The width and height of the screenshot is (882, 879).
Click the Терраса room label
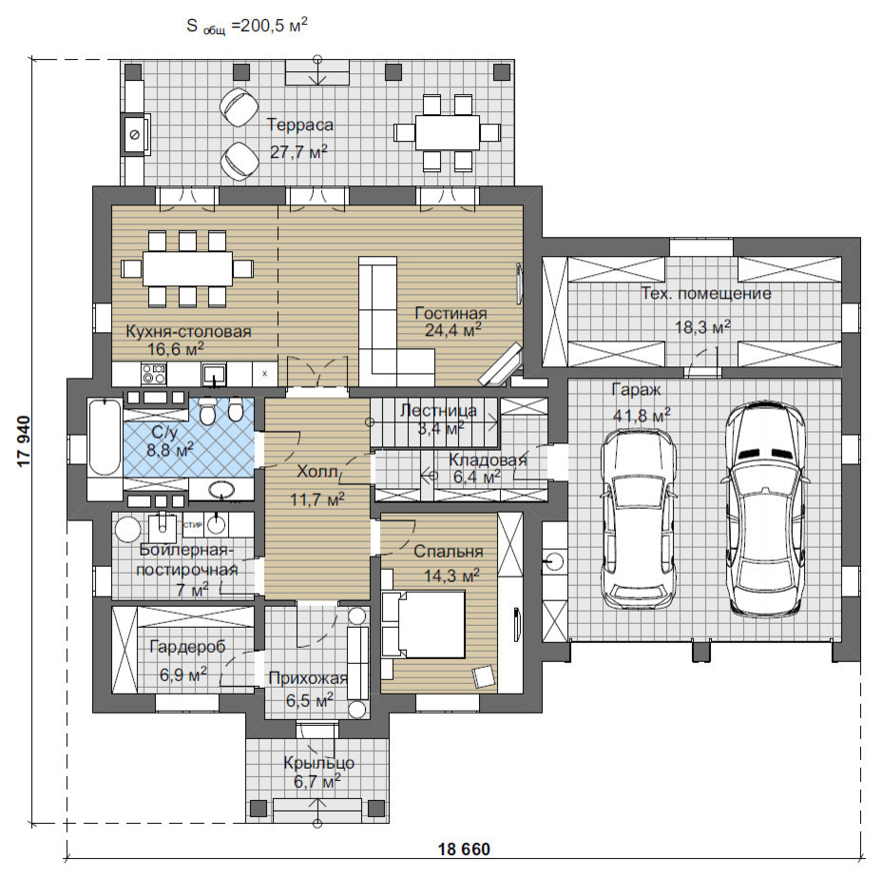point(299,125)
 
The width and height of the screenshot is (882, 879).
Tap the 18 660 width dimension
point(464,849)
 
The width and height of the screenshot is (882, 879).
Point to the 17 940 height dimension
point(24,441)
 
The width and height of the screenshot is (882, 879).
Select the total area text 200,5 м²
point(274,26)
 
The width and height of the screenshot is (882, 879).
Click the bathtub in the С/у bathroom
point(105,437)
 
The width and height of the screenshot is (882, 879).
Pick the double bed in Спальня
point(424,623)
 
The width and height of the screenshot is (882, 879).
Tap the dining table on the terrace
point(448,132)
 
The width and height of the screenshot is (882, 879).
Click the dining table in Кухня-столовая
point(187,268)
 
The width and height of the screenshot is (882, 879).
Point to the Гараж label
point(636,390)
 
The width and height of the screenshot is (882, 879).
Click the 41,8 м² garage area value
point(642,416)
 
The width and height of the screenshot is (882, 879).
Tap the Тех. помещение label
point(706,293)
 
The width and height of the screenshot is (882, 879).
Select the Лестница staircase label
point(438,411)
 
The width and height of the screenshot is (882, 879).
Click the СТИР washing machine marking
point(192,525)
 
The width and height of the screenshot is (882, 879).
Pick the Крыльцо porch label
point(319,763)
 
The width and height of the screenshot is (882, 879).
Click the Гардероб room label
point(188,647)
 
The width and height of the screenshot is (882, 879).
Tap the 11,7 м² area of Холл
point(317,498)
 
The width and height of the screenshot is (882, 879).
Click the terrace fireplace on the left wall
point(135,134)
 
